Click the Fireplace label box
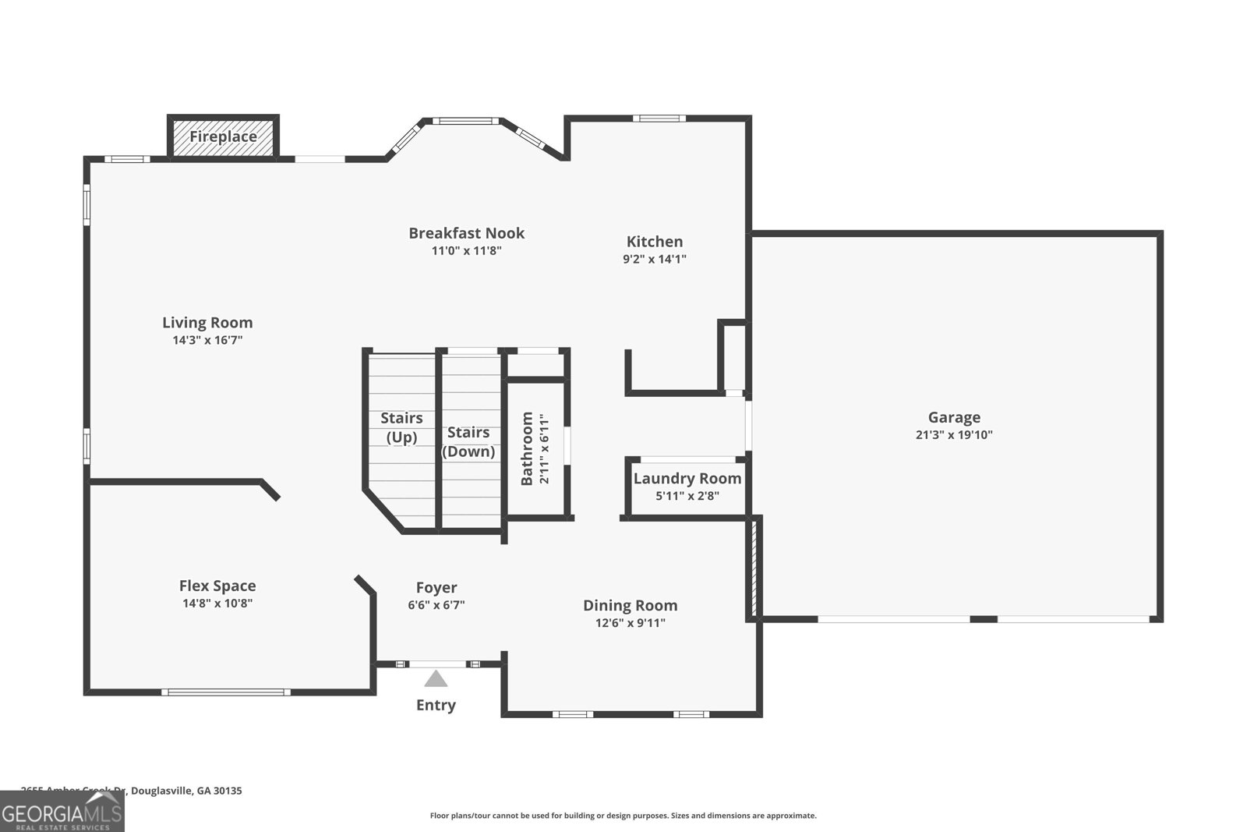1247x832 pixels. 223,137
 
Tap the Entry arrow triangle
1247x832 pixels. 436,679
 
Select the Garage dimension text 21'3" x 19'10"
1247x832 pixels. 954,435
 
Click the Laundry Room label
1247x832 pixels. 687,479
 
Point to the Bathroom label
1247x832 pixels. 527,448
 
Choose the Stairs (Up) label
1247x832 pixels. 401,427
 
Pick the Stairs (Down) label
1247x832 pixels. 468,441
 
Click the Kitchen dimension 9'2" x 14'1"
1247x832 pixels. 654,259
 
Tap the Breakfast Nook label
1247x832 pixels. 466,233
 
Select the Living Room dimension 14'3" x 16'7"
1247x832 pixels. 207,340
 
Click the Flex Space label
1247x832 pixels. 217,586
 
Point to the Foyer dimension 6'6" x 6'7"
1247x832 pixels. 436,605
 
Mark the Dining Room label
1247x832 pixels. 630,605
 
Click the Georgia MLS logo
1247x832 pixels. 62,812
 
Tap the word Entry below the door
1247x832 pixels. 436,705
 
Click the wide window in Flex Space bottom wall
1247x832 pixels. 226,692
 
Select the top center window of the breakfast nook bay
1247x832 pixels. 466,121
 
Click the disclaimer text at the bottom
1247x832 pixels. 623,816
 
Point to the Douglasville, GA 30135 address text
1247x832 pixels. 186,791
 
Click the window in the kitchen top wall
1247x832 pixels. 659,119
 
